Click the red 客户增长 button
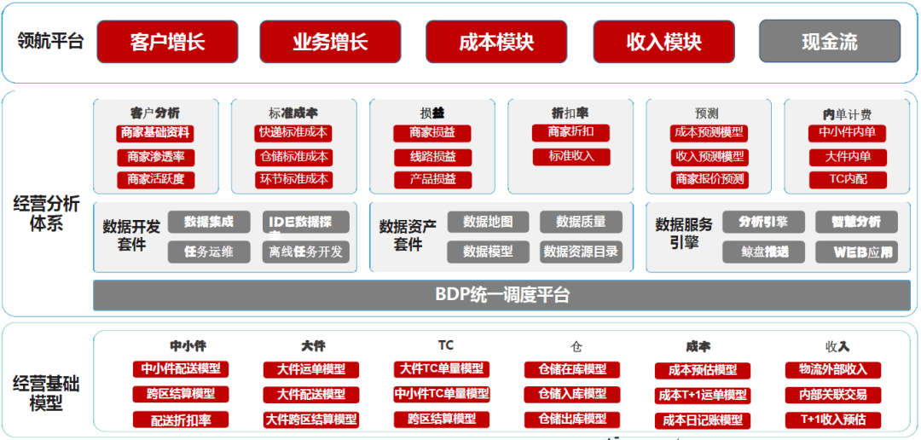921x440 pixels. [x=168, y=42]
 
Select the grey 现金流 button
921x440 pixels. [x=829, y=42]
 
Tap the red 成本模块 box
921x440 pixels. [x=496, y=42]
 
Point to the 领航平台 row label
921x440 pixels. [x=50, y=41]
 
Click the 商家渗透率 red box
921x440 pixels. [x=156, y=157]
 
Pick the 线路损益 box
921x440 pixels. [x=432, y=157]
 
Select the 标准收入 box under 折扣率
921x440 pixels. [x=571, y=157]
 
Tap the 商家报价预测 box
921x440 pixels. [x=710, y=179]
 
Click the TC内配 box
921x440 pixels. [x=848, y=180]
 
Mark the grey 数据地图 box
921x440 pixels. [x=488, y=222]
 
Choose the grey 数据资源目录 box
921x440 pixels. [x=581, y=252]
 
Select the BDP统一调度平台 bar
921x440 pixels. [x=501, y=295]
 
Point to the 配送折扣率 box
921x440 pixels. [x=181, y=420]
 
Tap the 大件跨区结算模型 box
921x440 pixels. [x=311, y=420]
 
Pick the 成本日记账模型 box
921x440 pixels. [x=703, y=420]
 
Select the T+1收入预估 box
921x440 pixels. [x=832, y=420]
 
